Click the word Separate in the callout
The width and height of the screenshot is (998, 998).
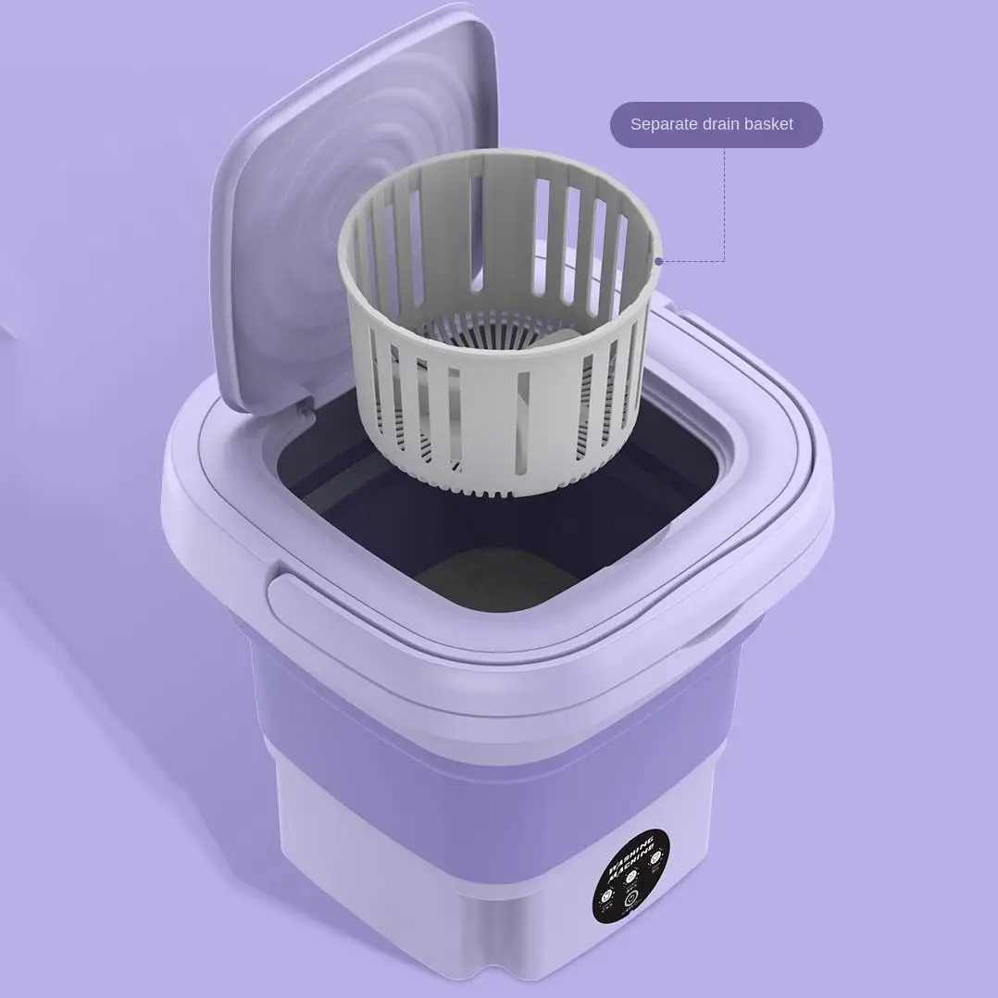pos(665,124)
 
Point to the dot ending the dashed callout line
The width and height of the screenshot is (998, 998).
pos(658,261)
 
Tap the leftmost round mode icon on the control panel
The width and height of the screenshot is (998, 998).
pos(608,895)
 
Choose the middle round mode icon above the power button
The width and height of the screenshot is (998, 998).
pos(631,876)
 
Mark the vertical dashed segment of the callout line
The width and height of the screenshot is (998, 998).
pos(725,204)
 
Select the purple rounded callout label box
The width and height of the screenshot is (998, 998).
pos(716,124)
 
